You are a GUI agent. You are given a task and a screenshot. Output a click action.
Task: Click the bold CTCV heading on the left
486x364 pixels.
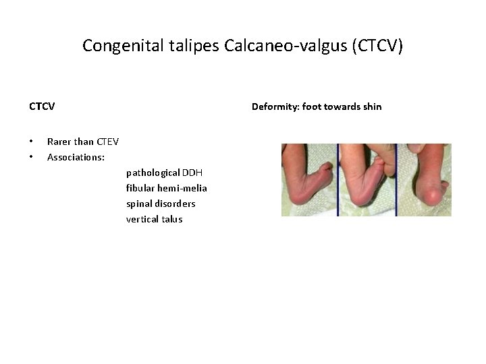coord(42,107)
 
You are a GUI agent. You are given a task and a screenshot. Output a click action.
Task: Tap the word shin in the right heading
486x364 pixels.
coord(371,107)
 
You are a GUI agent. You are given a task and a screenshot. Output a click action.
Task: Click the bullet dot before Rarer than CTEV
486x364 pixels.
coord(31,142)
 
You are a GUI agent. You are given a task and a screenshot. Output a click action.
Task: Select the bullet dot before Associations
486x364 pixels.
coord(31,157)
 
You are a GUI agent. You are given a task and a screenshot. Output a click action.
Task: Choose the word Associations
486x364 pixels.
coord(76,157)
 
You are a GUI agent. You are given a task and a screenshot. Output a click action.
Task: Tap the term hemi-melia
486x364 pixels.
coord(183,188)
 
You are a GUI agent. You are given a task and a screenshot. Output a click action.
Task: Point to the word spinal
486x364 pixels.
coord(139,204)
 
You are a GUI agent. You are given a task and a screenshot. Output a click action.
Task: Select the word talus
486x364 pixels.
coord(171,219)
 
